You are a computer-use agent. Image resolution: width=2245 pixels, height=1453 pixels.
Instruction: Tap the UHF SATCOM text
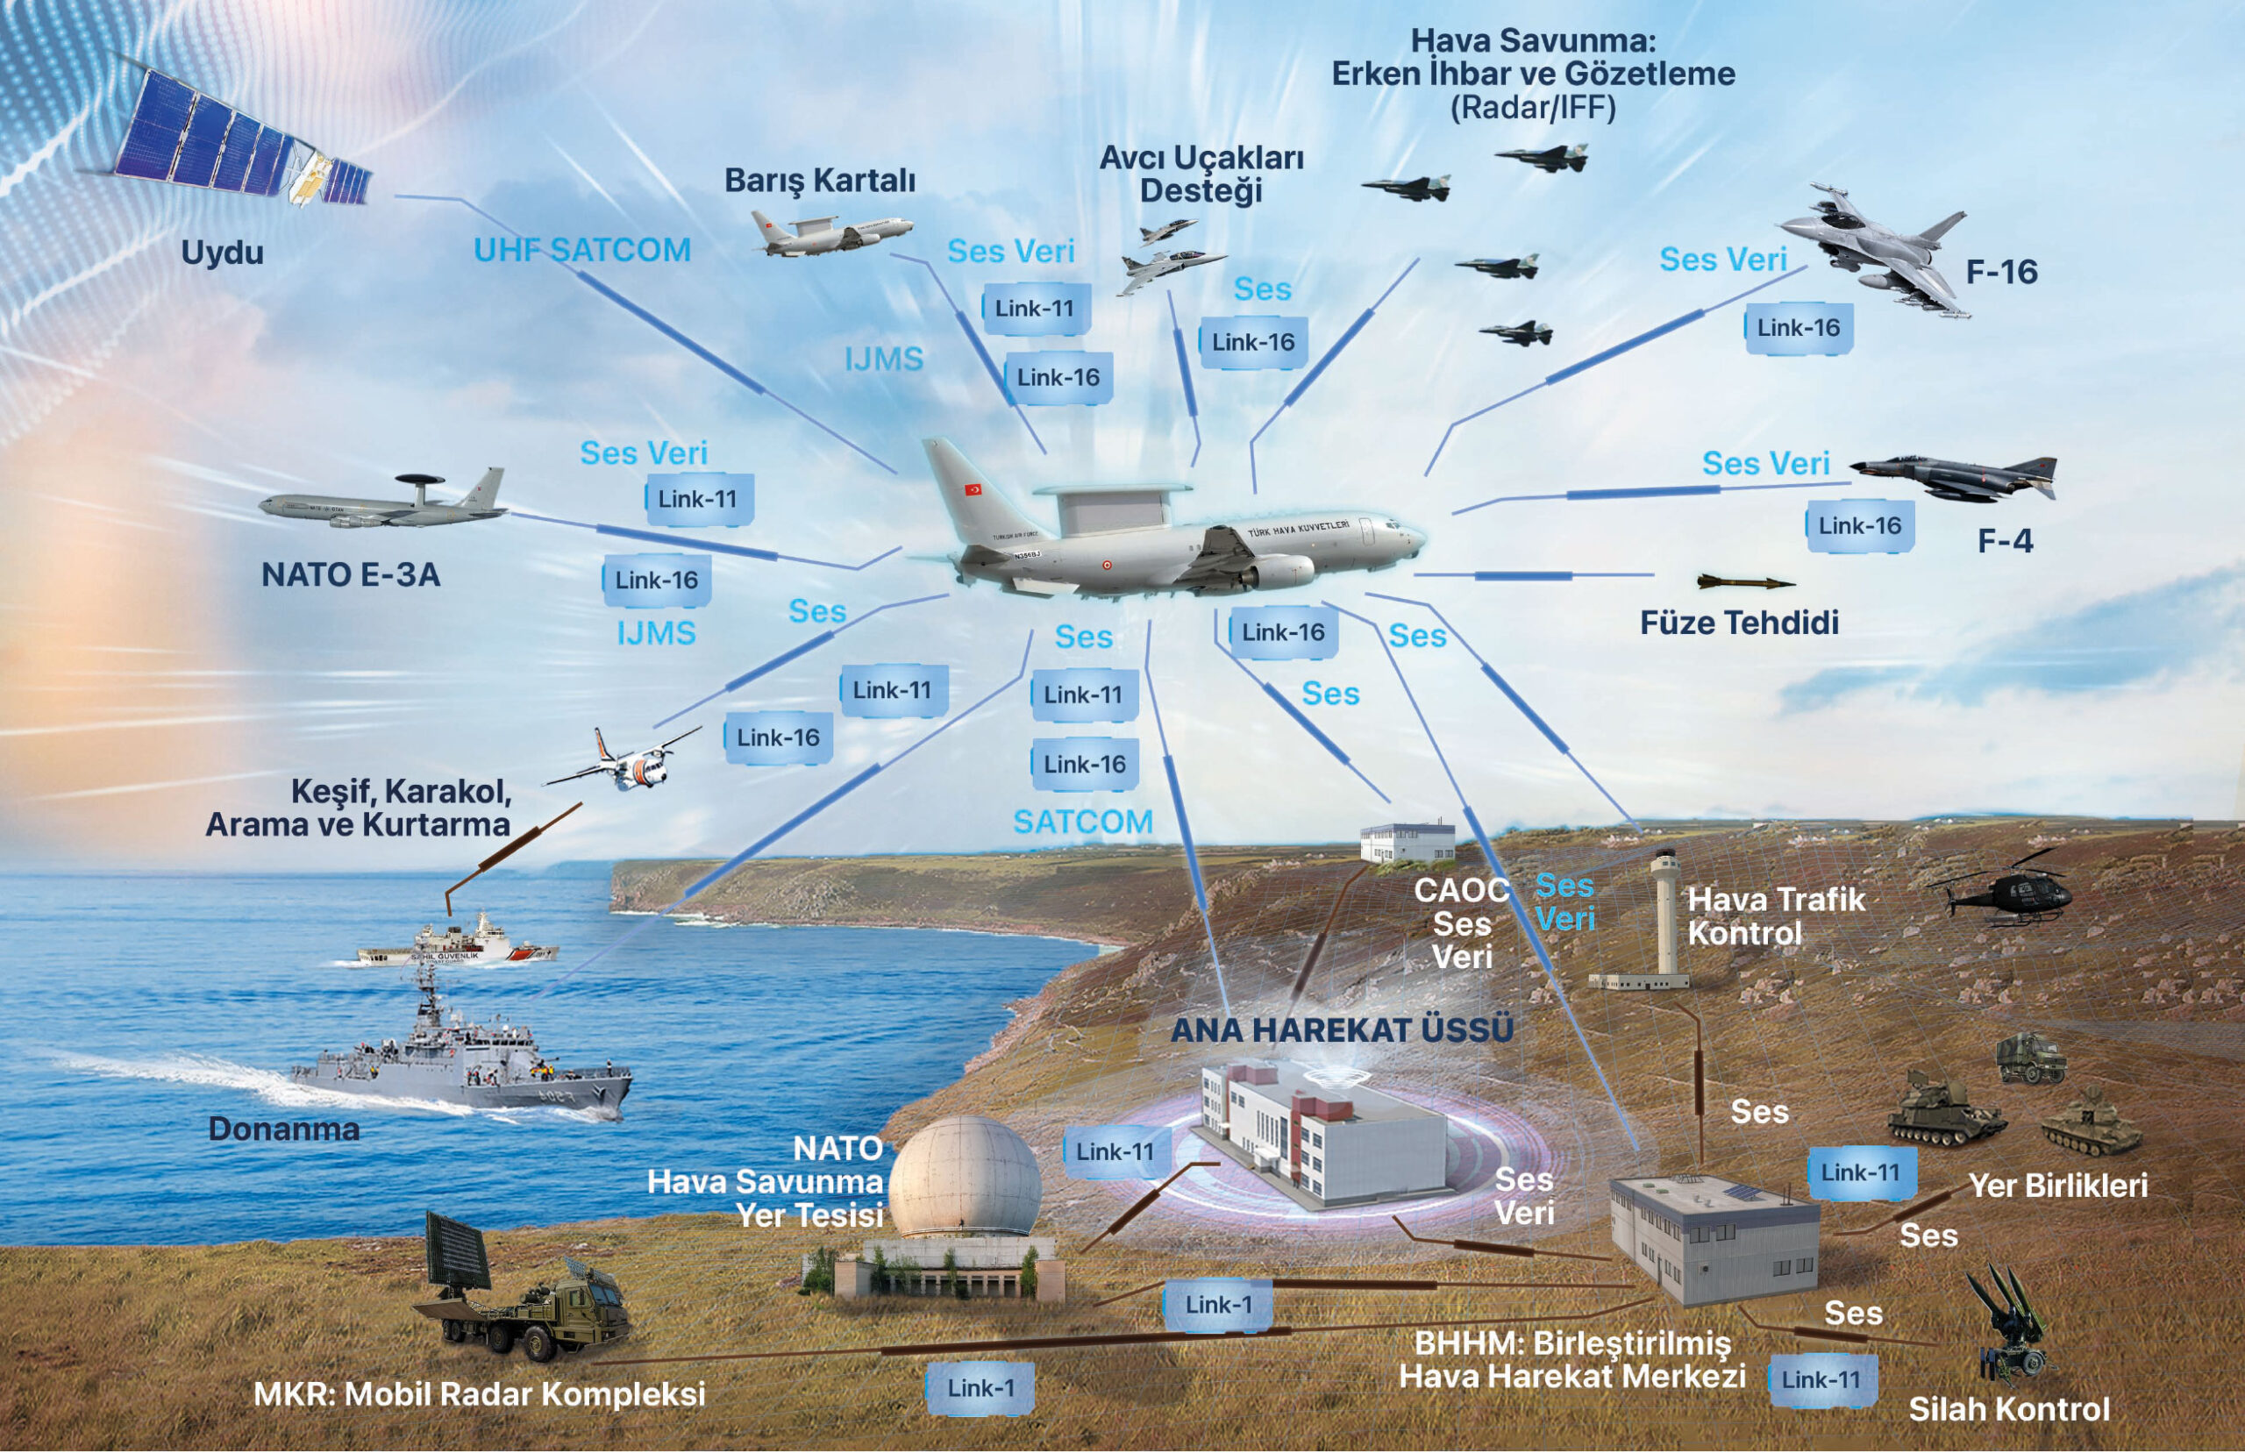[x=582, y=250]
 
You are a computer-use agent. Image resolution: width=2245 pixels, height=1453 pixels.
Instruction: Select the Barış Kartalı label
[x=819, y=181]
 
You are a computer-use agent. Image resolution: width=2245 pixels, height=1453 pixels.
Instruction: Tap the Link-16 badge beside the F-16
[x=1798, y=328]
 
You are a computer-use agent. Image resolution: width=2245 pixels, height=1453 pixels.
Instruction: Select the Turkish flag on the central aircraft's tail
[x=972, y=488]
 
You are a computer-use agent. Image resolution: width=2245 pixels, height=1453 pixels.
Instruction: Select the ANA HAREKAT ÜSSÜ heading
[x=1342, y=1030]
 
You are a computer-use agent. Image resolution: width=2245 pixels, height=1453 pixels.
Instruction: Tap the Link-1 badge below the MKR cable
[x=980, y=1388]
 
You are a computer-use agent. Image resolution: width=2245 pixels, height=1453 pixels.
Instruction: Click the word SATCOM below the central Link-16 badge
[x=1083, y=822]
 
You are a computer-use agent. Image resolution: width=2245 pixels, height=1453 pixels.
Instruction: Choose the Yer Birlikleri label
[x=2057, y=1186]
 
